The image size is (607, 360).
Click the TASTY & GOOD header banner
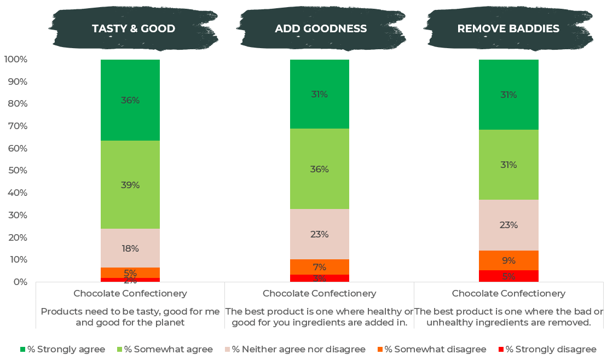tap(133, 29)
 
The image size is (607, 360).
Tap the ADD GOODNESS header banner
tap(321, 29)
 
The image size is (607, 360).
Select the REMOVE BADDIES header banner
tap(508, 29)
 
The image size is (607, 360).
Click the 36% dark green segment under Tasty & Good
tap(130, 100)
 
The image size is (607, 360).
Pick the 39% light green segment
tap(130, 185)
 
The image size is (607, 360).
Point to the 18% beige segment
tap(130, 248)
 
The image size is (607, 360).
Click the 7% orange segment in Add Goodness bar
tap(320, 267)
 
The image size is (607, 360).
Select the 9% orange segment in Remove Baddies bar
tap(508, 260)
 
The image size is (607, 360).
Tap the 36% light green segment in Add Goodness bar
tap(320, 169)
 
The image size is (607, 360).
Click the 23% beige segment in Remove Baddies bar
tap(508, 225)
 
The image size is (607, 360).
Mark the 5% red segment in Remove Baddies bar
tap(508, 276)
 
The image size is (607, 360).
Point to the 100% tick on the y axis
tap(15, 59)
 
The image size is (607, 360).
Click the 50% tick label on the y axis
tap(18, 171)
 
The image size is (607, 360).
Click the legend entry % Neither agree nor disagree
tap(298, 349)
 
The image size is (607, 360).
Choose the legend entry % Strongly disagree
tap(551, 349)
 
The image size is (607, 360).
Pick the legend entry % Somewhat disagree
tap(435, 349)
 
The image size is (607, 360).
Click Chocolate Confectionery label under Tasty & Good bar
tap(130, 293)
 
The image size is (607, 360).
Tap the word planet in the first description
tap(170, 322)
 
